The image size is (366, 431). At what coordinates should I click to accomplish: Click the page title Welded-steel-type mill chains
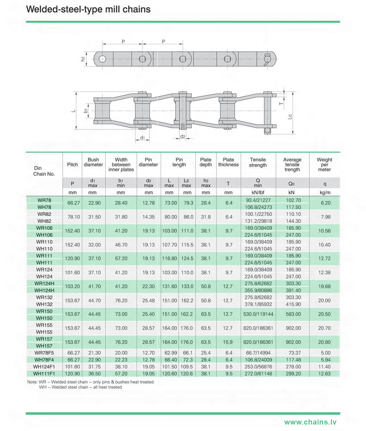pos(88,9)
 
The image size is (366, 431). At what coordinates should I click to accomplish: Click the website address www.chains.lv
pos(310,422)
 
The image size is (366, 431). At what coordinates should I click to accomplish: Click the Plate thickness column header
pos(228,162)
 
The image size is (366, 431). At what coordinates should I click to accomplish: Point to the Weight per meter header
pos(324,165)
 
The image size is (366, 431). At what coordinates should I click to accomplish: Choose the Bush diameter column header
pos(93,162)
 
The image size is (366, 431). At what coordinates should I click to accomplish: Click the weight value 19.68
pos(324,286)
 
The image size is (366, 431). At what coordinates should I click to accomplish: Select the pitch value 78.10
pos(72,217)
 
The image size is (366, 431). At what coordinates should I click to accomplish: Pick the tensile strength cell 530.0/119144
pos(258,314)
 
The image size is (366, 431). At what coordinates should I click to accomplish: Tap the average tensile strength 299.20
pos(293,374)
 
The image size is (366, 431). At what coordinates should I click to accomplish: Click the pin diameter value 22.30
pos(148,286)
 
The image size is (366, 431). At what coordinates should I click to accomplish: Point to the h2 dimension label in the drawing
pos(83,59)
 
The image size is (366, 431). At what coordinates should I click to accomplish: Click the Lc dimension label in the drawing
pos(290,117)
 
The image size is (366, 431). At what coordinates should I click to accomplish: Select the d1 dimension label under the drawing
pos(142,138)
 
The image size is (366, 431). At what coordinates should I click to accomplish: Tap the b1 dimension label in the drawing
pos(86,111)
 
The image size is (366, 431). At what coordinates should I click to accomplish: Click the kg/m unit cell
pos(325,192)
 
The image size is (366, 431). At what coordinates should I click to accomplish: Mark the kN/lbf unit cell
pos(258,192)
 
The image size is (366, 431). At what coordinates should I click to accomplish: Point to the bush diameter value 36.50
pos(94,374)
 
